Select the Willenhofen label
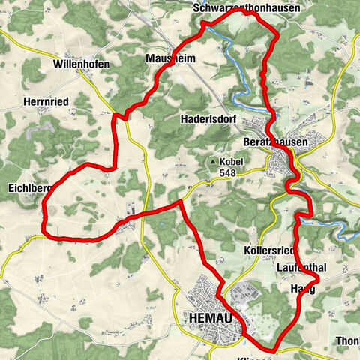click(82, 64)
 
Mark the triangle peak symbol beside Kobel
click(214, 161)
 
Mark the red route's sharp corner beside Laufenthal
click(318, 279)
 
